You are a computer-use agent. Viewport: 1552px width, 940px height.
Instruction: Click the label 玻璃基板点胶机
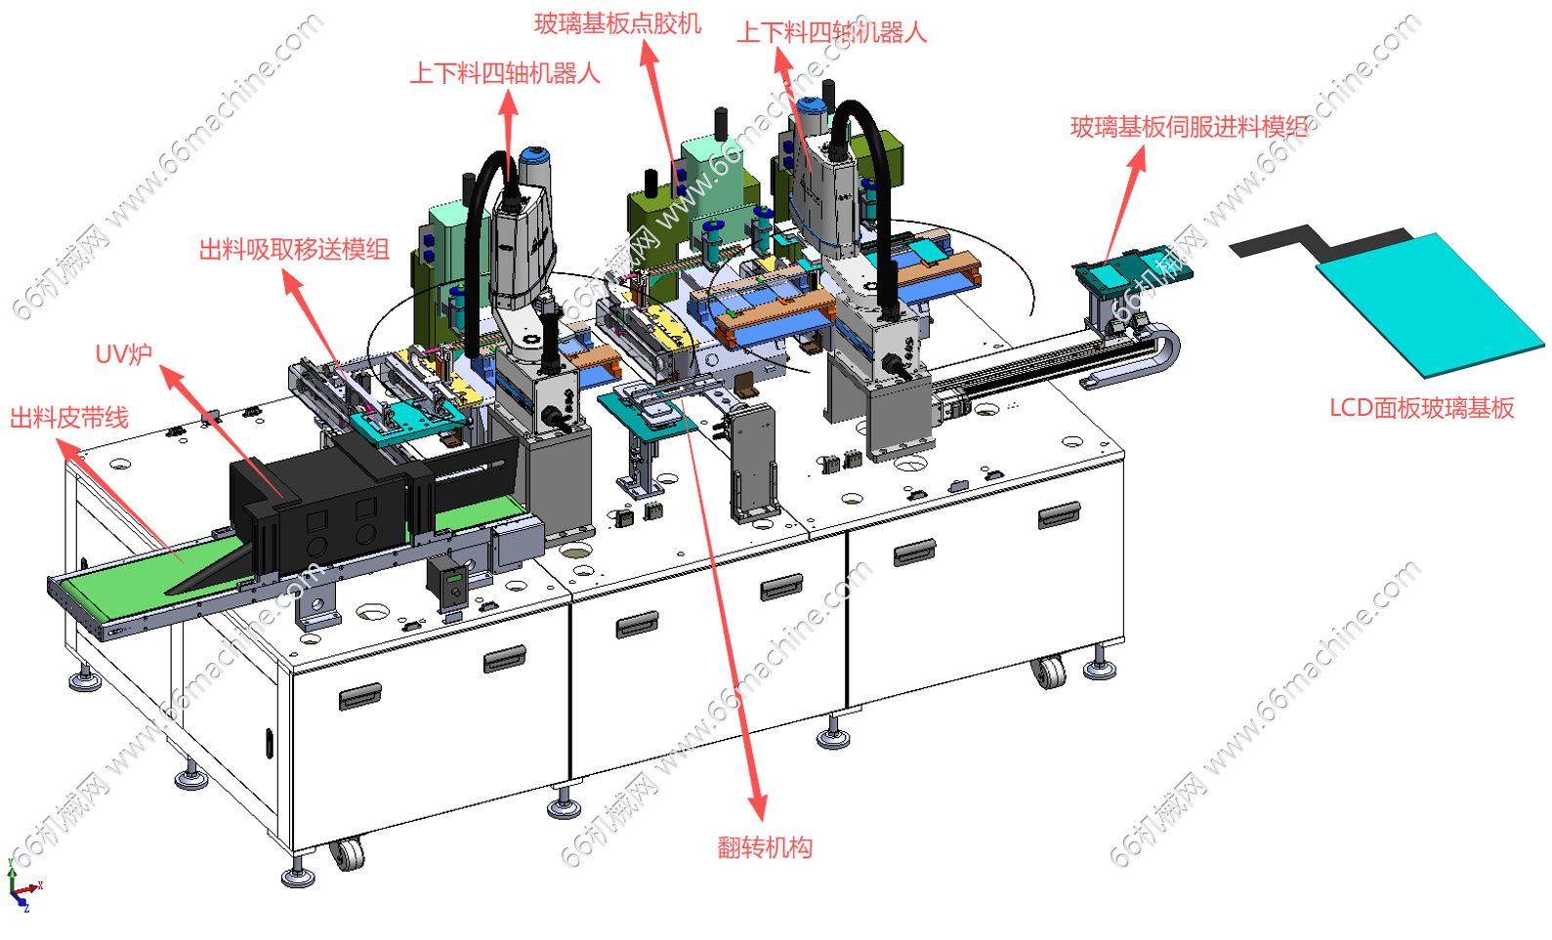(x=617, y=24)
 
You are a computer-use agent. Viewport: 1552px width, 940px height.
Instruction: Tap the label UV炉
(x=123, y=354)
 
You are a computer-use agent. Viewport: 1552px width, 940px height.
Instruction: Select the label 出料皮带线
(x=69, y=418)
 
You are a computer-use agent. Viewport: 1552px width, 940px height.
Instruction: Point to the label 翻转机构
(x=765, y=847)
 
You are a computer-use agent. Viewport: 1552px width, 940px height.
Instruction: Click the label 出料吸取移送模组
(x=294, y=250)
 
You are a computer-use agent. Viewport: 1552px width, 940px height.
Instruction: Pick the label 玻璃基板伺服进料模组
(x=1189, y=127)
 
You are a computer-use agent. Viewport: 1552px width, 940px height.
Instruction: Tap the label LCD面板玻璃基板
(x=1422, y=408)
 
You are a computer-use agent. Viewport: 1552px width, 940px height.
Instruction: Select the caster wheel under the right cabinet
(x=1048, y=673)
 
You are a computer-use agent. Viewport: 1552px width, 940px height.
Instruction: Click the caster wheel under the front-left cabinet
(x=347, y=855)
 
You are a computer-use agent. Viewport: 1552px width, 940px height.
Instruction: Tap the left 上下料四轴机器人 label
(x=505, y=73)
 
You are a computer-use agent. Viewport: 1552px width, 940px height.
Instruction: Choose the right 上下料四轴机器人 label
(x=831, y=32)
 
